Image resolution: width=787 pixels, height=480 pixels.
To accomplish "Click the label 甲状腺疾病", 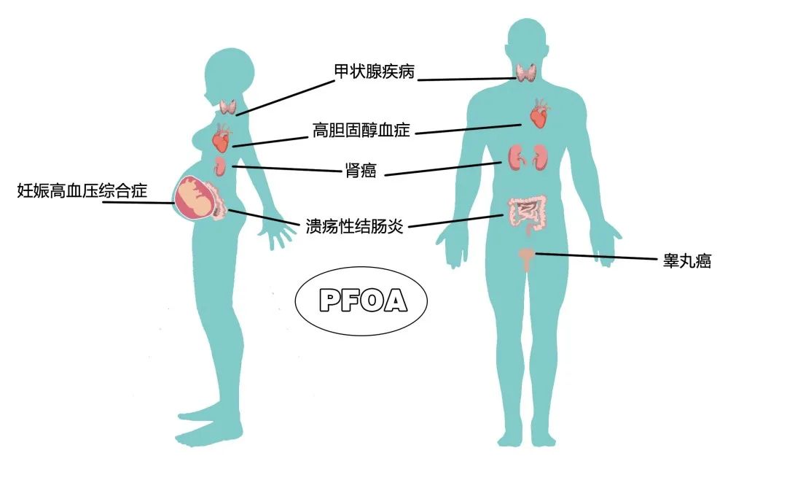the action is (x=375, y=71).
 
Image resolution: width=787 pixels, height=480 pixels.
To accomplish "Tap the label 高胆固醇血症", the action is (x=361, y=130).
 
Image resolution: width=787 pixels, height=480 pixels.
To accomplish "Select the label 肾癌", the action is (x=361, y=171).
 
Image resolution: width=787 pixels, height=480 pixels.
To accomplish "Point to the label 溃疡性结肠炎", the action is (x=354, y=226).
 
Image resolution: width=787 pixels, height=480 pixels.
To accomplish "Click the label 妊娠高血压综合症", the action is (x=82, y=190).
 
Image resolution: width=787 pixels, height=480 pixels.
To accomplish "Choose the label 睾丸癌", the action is (x=686, y=261).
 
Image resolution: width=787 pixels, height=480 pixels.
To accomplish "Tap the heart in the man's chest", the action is (x=539, y=113).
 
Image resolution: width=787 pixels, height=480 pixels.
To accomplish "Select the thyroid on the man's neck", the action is (x=527, y=72).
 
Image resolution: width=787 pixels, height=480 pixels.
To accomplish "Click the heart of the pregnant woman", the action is (x=222, y=138).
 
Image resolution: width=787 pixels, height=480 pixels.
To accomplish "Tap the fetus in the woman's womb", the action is (x=195, y=197).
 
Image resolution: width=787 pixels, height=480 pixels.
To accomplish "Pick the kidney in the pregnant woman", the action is (x=219, y=166).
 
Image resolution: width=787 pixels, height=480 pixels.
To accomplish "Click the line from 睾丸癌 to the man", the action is (x=596, y=256).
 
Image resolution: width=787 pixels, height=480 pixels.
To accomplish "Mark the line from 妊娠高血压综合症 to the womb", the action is (x=138, y=202).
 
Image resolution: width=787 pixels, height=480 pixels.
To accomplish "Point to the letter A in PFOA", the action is (x=396, y=300).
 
